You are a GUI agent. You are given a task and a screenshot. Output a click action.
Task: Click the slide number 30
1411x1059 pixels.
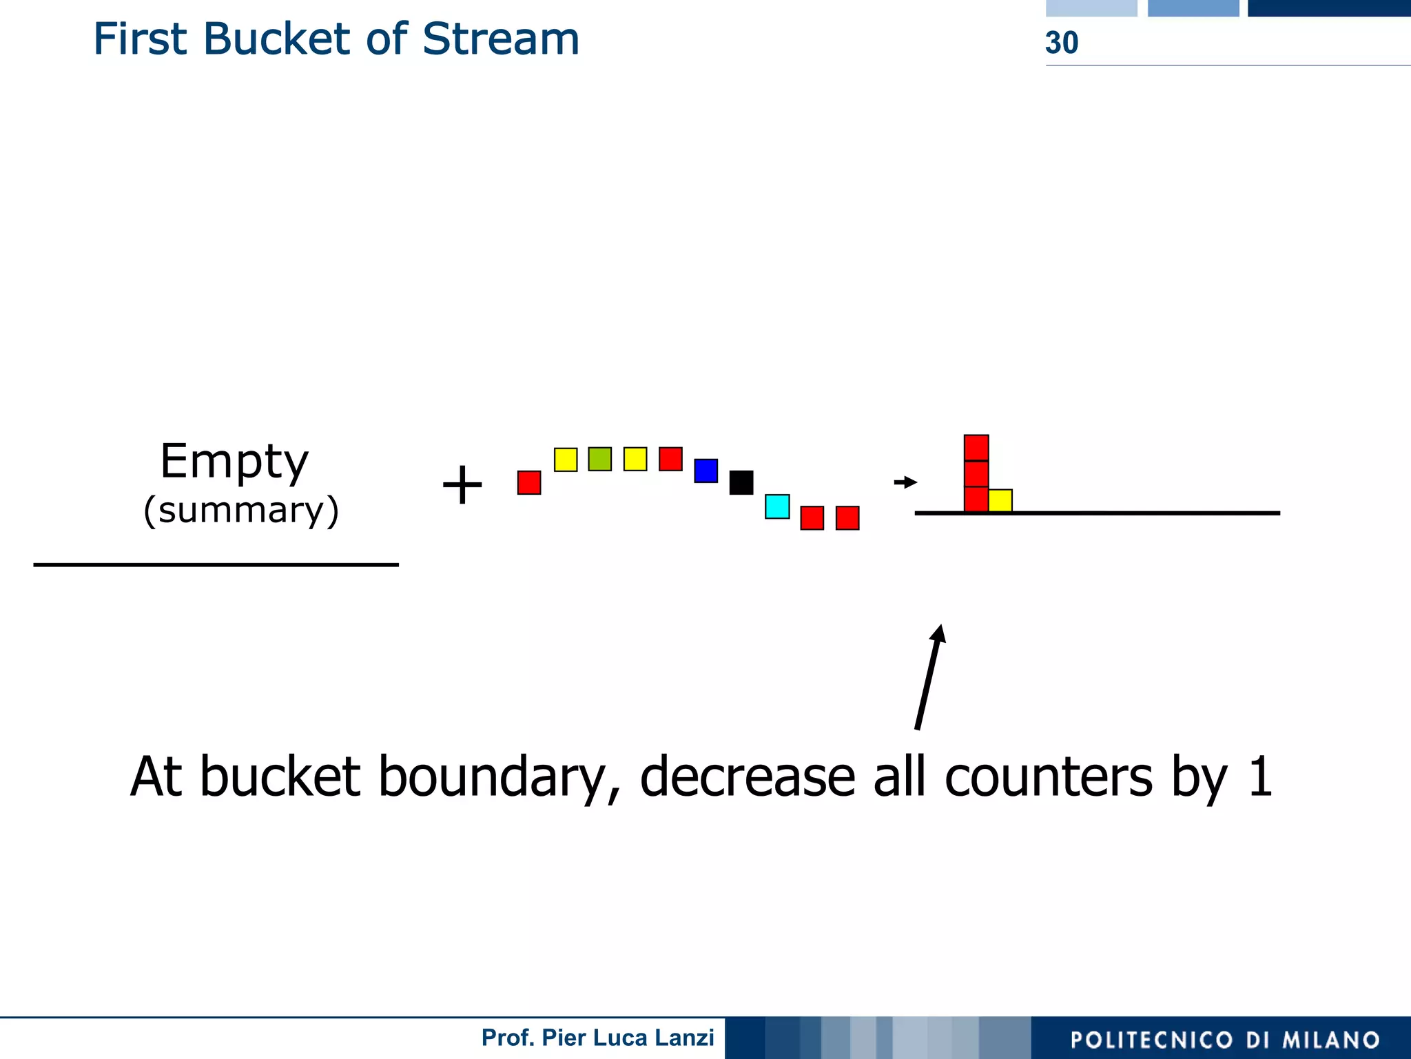point(1062,43)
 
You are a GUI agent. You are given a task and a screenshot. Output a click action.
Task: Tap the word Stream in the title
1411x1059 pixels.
point(500,39)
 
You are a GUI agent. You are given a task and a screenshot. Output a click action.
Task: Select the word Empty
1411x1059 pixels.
point(234,462)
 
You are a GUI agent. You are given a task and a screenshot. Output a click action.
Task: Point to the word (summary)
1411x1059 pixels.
point(241,511)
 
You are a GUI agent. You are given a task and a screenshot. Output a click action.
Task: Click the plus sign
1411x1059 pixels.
point(462,485)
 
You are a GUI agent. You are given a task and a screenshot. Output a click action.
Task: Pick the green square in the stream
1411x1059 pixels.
point(599,459)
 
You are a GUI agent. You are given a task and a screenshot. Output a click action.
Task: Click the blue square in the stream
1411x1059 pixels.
point(705,471)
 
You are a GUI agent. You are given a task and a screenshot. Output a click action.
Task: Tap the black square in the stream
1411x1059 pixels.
point(741,482)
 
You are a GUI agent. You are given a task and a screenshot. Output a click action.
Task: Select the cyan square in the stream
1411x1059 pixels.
point(777,506)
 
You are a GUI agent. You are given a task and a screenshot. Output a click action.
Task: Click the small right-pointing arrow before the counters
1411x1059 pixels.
point(905,482)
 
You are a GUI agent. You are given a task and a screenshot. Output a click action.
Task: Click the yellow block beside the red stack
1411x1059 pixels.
point(1000,500)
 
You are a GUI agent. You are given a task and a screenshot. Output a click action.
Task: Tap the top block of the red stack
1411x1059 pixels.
point(976,448)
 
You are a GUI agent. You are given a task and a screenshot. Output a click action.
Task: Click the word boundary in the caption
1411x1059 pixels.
point(493,777)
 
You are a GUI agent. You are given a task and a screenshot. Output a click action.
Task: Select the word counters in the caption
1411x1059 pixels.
point(1048,777)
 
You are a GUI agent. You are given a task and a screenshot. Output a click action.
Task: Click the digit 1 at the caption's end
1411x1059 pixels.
point(1259,776)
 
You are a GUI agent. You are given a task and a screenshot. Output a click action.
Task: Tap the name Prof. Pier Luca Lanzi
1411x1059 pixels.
point(597,1038)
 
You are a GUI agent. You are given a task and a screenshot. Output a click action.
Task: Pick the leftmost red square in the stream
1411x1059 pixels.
point(529,482)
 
